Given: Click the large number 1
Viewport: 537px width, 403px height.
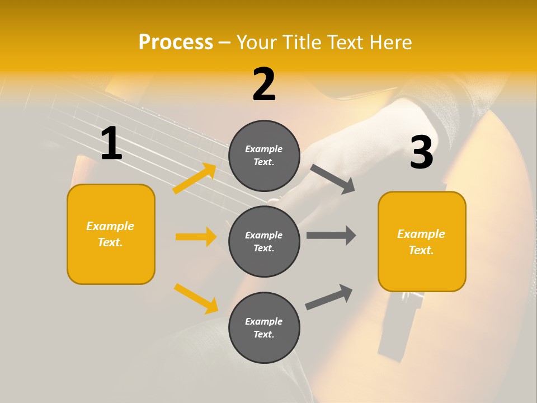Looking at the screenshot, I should [x=111, y=144].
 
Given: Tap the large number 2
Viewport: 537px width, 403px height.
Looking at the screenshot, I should [x=264, y=85].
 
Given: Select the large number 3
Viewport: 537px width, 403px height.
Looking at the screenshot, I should [x=421, y=152].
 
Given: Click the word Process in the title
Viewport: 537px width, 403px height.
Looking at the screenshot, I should [x=176, y=42].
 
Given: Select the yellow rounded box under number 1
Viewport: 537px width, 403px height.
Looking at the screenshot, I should [x=111, y=234].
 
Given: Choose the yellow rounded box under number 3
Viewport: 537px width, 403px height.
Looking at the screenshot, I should [x=422, y=241].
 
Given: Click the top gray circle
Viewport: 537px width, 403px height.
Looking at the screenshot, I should [x=264, y=156].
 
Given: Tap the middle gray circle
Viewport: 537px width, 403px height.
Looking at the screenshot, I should [x=264, y=241].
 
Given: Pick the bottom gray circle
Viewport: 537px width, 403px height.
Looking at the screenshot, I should [x=264, y=327].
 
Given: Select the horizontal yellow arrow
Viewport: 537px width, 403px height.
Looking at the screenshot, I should [x=196, y=237].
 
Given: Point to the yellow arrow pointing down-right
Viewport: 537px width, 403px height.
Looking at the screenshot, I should [x=196, y=298].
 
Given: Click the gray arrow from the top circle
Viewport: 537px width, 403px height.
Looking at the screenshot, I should [x=333, y=179].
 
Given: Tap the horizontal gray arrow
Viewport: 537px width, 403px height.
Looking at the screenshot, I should [x=331, y=235].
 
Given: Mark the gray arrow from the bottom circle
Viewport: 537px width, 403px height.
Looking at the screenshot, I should [x=329, y=297].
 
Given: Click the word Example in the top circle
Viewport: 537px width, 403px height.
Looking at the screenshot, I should [x=264, y=149].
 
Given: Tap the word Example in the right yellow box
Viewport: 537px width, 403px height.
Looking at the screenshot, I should [x=421, y=234].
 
